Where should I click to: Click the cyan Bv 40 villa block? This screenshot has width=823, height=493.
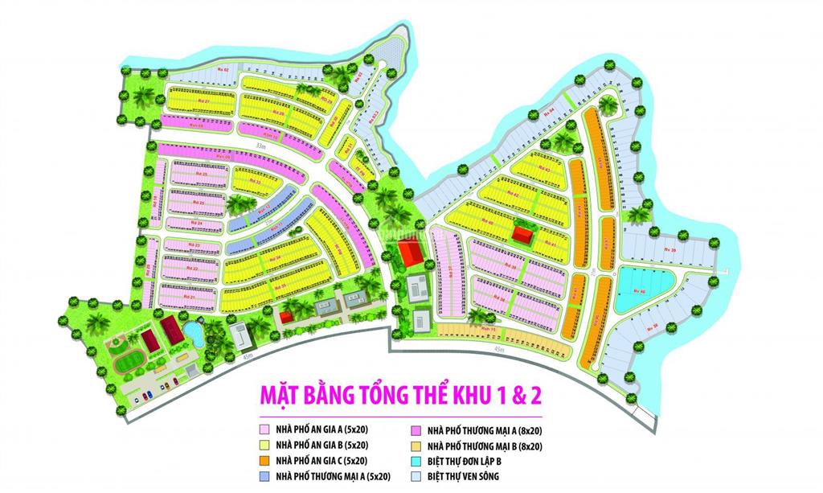coord(641,288)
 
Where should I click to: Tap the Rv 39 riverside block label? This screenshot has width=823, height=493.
coord(672,250)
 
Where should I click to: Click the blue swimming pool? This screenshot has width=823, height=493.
coord(193,334)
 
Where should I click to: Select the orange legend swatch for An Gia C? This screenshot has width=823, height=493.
coord(262,461)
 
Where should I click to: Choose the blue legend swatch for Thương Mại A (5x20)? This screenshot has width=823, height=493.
coord(262,475)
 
